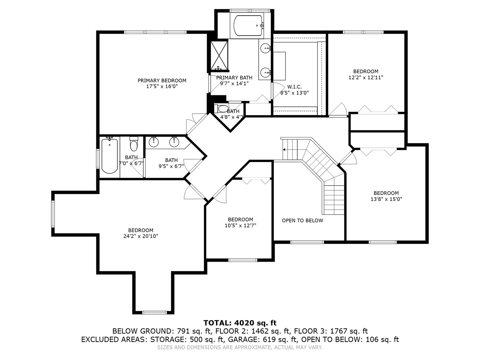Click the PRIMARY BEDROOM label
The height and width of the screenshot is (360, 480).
162,80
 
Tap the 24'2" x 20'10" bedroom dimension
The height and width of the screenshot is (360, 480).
140,236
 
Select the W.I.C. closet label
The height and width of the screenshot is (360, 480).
294,87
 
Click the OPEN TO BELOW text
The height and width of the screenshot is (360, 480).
302,220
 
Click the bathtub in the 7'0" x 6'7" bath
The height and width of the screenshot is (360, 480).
109,156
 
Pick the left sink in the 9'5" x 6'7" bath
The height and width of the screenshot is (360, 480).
154,142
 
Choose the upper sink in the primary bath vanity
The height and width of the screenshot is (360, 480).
265,49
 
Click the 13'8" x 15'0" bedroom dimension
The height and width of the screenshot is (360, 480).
386,199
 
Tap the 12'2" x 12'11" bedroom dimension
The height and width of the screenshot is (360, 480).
366,77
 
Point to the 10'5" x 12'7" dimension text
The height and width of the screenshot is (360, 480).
240,225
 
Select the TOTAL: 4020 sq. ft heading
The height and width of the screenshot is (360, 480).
240,323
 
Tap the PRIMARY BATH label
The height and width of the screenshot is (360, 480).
234,78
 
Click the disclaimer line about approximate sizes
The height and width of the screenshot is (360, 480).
240,347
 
